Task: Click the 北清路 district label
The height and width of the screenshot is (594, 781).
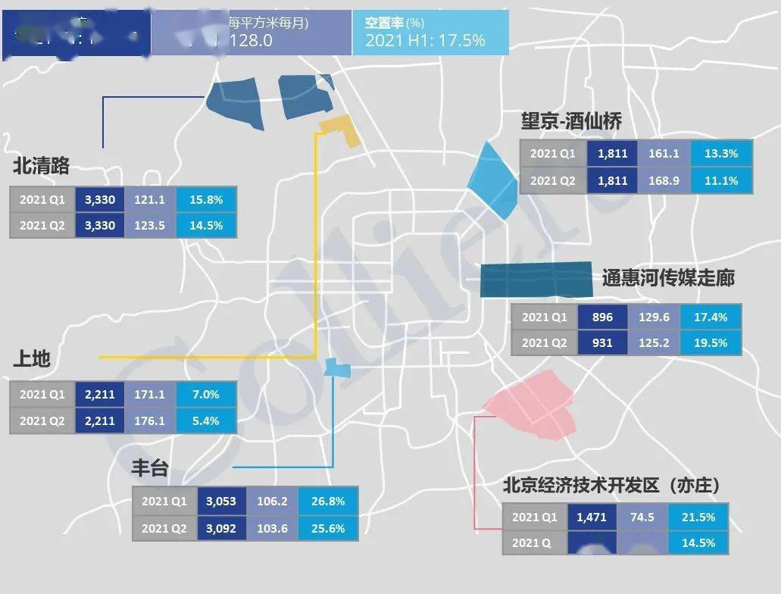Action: [41, 166]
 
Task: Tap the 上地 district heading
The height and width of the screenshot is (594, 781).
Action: [32, 358]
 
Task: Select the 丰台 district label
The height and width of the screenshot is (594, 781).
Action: [150, 467]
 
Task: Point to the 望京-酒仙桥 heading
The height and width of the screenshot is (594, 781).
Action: [571, 122]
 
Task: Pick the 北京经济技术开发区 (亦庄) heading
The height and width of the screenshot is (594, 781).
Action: [611, 485]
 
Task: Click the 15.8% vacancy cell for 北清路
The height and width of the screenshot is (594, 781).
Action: [206, 200]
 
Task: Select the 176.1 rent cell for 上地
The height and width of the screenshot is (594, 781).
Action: [149, 420]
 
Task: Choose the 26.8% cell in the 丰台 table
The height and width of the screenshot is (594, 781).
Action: [327, 501]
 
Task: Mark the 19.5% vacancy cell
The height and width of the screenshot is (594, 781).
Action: [711, 342]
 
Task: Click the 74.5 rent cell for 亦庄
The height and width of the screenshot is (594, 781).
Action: [642, 517]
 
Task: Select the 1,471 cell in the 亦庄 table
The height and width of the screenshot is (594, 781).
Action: [592, 517]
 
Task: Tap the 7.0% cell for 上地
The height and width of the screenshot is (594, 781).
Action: [206, 394]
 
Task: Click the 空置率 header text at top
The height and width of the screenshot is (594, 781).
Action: [386, 23]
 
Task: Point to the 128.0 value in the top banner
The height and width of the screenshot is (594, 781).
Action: [250, 41]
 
